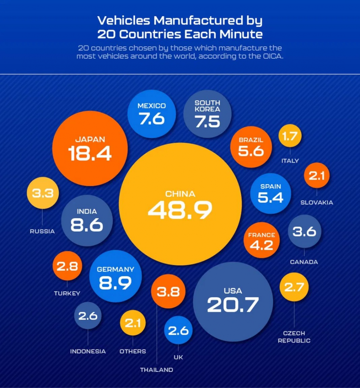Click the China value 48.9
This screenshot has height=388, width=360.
pyautogui.click(x=179, y=210)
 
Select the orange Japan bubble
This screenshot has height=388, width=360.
pyautogui.click(x=90, y=148)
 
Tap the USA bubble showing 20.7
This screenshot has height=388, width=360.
pyautogui.click(x=233, y=301)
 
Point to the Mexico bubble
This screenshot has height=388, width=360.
pyautogui.click(x=152, y=114)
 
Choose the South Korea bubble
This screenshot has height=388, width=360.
pyautogui.click(x=207, y=114)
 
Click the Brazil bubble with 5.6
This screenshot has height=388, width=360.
pyautogui.click(x=251, y=147)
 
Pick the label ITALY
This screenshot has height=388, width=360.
pyautogui.click(x=290, y=161)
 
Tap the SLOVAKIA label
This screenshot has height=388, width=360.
pyautogui.click(x=316, y=202)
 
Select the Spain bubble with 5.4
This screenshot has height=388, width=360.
pyautogui.click(x=270, y=193)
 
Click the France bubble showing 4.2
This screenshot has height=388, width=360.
pyautogui.click(x=261, y=240)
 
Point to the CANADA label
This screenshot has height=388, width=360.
pyautogui.click(x=304, y=262)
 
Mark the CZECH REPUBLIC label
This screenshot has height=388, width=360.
pyautogui.click(x=294, y=337)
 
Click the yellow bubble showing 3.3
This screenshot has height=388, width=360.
pyautogui.click(x=42, y=193)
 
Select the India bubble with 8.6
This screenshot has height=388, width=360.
pyautogui.click(x=87, y=220)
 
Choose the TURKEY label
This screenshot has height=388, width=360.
pyautogui.click(x=67, y=293)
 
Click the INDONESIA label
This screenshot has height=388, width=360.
pyautogui.click(x=88, y=351)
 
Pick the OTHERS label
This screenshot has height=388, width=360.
pyautogui.click(x=133, y=351)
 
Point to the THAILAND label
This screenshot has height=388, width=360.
pyautogui.click(x=156, y=369)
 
